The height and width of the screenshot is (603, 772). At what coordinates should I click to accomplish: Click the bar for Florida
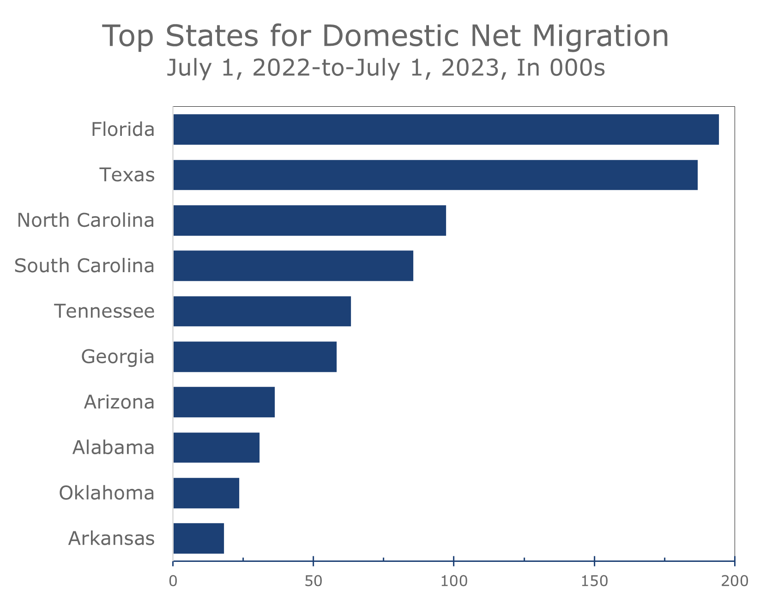(x=446, y=129)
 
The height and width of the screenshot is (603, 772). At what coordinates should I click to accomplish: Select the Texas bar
(x=435, y=175)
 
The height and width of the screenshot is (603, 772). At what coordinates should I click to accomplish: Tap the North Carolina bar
(x=310, y=220)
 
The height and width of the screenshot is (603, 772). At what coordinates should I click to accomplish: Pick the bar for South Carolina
(x=293, y=266)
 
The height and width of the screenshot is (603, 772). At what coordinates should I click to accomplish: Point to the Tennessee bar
(x=262, y=311)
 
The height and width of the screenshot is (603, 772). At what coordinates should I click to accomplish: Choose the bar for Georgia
(x=255, y=357)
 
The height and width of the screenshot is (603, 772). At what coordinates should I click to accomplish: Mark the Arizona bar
(x=224, y=402)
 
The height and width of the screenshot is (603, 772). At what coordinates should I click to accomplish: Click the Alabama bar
(x=217, y=447)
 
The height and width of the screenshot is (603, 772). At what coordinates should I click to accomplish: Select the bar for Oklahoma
(x=206, y=493)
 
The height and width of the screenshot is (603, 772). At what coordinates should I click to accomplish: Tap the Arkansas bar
(x=199, y=538)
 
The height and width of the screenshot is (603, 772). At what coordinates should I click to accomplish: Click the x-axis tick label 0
(x=173, y=581)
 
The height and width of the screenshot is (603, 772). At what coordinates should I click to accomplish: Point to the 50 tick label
(x=314, y=581)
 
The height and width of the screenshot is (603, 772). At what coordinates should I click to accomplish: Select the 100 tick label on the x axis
(x=454, y=581)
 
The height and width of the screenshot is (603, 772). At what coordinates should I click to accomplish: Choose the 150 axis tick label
(x=594, y=581)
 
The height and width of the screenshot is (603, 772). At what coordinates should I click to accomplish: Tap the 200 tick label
(x=734, y=581)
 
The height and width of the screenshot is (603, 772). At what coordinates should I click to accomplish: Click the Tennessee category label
(x=104, y=311)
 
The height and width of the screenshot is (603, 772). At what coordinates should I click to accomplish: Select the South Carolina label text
(x=84, y=266)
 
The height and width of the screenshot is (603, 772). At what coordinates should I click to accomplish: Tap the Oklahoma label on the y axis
(x=107, y=493)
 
